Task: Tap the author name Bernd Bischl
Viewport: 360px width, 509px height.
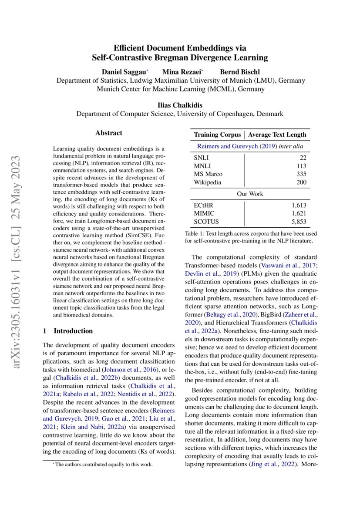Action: pyautogui.click(x=239, y=72)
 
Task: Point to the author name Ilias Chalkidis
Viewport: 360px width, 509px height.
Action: pyautogui.click(x=180, y=105)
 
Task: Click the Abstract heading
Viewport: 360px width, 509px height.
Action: pyautogui.click(x=109, y=133)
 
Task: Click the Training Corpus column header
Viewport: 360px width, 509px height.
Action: pyautogui.click(x=217, y=135)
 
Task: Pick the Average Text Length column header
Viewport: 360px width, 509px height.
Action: pyautogui.click(x=277, y=135)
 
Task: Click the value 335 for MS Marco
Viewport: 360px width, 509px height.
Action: pyautogui.click(x=300, y=174)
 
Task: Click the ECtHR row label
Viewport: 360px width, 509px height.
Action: pyautogui.click(x=204, y=205)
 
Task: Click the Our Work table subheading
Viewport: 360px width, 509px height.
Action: pyautogui.click(x=250, y=194)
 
